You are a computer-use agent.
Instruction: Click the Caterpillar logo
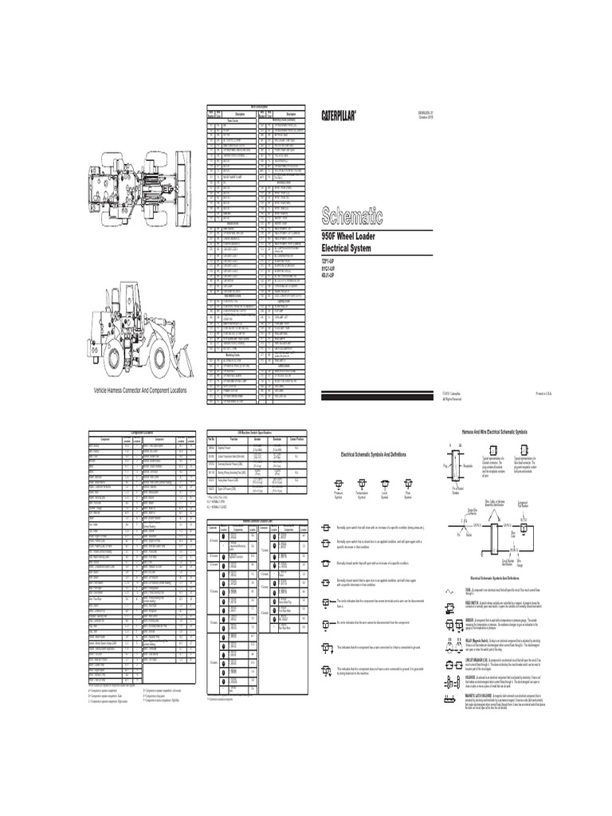(x=338, y=115)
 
